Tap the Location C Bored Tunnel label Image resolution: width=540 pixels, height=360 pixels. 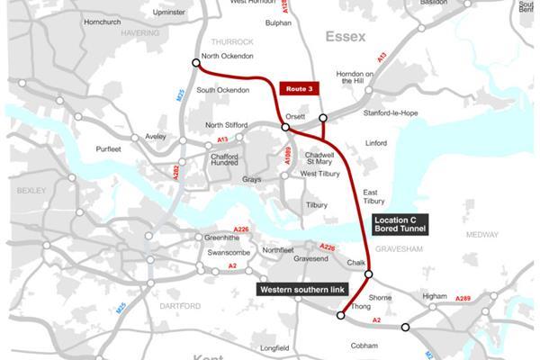tap(401, 224)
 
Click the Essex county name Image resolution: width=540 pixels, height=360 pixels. tap(346, 37)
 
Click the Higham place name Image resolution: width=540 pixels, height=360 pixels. tap(435, 295)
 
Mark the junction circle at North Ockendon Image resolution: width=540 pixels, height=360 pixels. tap(195, 63)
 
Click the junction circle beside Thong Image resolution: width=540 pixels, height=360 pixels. tap(341, 315)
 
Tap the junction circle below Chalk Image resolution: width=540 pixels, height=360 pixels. tap(368, 274)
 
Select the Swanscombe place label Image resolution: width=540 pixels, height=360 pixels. tap(227, 253)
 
